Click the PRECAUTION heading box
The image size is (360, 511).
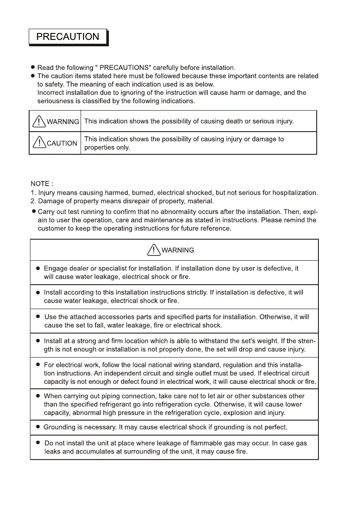tap(68, 37)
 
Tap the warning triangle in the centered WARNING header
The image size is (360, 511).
tap(153, 249)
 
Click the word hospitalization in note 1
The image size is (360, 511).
tap(292, 192)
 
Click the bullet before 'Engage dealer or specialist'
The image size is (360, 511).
tap(38, 268)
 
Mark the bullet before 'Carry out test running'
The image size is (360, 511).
tap(33, 211)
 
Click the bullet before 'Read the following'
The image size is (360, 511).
tap(33, 68)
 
